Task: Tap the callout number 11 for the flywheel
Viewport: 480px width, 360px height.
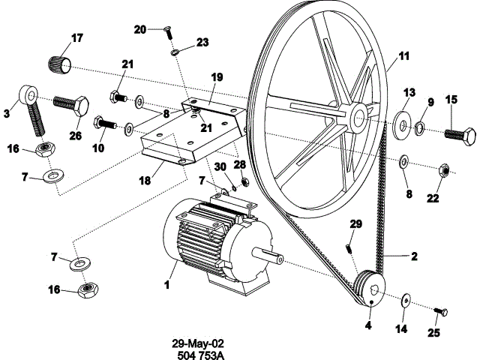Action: point(404,56)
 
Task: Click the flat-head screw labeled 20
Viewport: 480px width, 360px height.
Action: point(169,31)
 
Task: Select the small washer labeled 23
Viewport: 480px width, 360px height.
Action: point(173,53)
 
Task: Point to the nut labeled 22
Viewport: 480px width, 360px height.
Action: point(443,172)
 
